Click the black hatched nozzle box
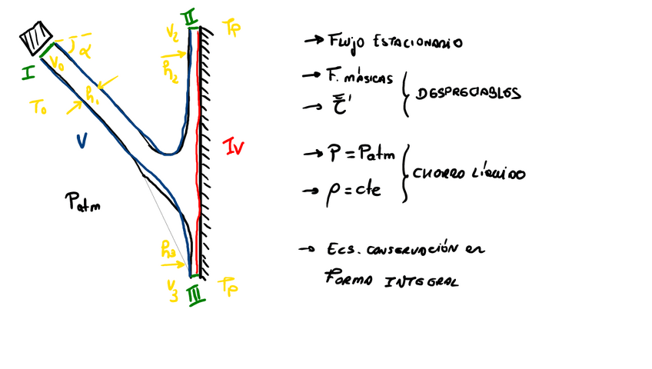tap(36, 38)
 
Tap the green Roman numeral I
tap(28, 74)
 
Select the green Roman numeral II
tap(190, 16)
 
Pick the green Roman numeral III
tap(195, 292)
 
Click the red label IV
tap(232, 146)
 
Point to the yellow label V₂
tap(171, 34)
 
